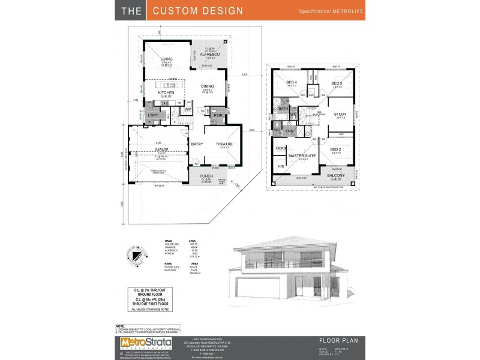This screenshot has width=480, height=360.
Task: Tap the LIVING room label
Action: [166, 58]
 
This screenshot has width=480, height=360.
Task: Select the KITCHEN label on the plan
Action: [166, 93]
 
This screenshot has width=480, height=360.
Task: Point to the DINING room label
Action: [208, 86]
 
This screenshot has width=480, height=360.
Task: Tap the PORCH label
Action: [206, 176]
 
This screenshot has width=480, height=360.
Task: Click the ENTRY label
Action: [196, 144]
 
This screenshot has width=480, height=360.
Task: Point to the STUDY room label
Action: [340, 114]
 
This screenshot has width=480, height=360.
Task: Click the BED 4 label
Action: [292, 83]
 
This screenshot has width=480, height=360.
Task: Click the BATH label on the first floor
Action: [283, 109]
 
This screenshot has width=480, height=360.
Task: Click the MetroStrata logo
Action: [142, 343]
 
